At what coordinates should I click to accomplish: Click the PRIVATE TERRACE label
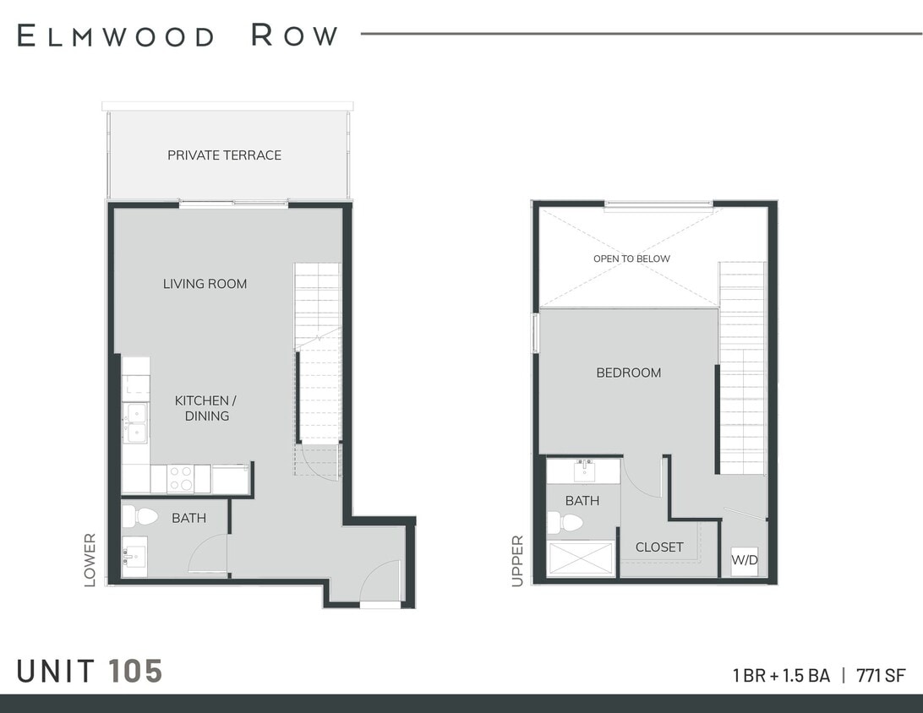coord(224,155)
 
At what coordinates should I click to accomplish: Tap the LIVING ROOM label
coord(205,284)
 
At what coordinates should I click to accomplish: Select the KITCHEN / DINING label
coord(205,408)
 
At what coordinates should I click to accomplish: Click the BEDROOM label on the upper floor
coord(629,373)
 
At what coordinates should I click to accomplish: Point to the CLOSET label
coord(659,547)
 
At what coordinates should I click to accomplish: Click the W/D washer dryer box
coord(744,561)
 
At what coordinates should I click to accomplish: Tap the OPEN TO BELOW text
coord(631,259)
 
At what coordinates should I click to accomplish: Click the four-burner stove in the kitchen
coord(180,478)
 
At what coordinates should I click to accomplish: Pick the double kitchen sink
coord(135,422)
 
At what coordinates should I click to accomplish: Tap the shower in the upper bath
coord(582,558)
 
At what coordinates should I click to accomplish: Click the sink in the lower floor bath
coord(134,557)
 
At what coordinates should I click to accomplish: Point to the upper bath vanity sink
coord(583,469)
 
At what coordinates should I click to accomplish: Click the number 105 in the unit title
coord(135,672)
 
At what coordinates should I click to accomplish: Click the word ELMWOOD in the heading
coord(117,35)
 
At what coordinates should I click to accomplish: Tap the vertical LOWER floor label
coord(90,559)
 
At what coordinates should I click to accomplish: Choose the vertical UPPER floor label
coord(517,560)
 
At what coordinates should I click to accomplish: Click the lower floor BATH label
coord(188,518)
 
